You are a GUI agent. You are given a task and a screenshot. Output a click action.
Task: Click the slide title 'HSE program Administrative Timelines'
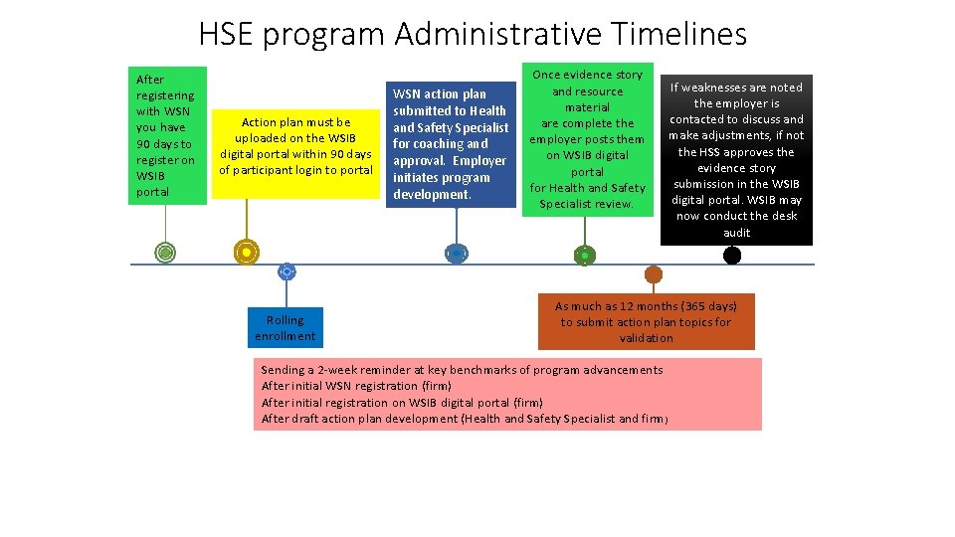473,34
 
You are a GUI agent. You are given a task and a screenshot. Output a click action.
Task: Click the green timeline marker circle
165,253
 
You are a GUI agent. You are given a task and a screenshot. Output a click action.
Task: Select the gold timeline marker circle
245,253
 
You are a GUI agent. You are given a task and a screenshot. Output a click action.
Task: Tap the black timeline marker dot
732,256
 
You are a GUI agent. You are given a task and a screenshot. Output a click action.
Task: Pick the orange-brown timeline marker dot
654,273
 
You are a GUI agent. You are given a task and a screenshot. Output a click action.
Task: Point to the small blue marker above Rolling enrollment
286,270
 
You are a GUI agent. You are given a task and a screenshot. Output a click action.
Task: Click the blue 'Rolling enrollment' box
286,328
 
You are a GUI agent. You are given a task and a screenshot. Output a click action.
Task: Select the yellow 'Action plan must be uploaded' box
295,146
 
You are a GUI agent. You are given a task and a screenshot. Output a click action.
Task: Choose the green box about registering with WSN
166,135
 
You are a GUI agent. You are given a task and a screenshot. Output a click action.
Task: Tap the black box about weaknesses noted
736,160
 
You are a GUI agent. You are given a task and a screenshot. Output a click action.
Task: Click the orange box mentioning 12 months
646,322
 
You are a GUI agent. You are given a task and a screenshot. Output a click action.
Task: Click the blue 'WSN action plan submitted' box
450,144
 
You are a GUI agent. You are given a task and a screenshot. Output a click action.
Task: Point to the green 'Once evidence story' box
587,139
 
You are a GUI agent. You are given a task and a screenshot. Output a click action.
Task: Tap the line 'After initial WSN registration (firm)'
356,386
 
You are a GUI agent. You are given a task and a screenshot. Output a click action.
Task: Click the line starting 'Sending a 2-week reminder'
462,370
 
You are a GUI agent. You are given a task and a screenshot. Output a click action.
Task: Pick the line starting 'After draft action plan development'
465,419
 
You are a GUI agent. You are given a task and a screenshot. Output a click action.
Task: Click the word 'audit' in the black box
737,233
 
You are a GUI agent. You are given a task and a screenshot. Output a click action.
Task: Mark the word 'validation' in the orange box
646,338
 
